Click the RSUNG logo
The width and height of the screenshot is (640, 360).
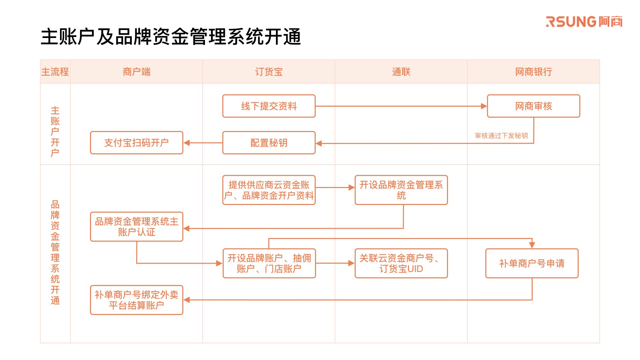(x=584, y=22)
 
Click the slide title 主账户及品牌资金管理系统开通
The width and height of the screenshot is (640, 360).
(x=171, y=37)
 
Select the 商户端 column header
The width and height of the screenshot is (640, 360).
(x=136, y=72)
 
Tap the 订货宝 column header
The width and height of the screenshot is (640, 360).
(x=269, y=72)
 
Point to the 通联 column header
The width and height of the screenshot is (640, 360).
(x=401, y=72)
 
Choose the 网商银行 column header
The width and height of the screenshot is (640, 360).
(x=533, y=72)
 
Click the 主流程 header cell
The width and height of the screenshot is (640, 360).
(x=55, y=72)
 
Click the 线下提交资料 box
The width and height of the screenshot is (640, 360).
(x=269, y=106)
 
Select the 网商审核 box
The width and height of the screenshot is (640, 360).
(x=534, y=106)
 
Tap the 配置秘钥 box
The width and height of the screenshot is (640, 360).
(x=269, y=143)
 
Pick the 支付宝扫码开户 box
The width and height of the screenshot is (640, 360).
(x=137, y=143)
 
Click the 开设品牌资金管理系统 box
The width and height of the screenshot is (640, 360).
(x=401, y=190)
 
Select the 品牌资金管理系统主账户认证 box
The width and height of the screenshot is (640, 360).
(x=137, y=227)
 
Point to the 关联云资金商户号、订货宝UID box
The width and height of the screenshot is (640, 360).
(x=401, y=263)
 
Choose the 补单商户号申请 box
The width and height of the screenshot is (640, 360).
(x=532, y=263)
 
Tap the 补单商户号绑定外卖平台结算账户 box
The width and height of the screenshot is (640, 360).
(x=137, y=300)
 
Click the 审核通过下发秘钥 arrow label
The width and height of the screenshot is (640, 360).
(x=501, y=136)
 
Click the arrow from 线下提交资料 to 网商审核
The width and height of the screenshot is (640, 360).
(x=401, y=106)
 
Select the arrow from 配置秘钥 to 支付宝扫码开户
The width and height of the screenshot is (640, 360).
(x=203, y=143)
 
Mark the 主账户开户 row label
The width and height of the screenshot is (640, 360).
(x=55, y=131)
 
